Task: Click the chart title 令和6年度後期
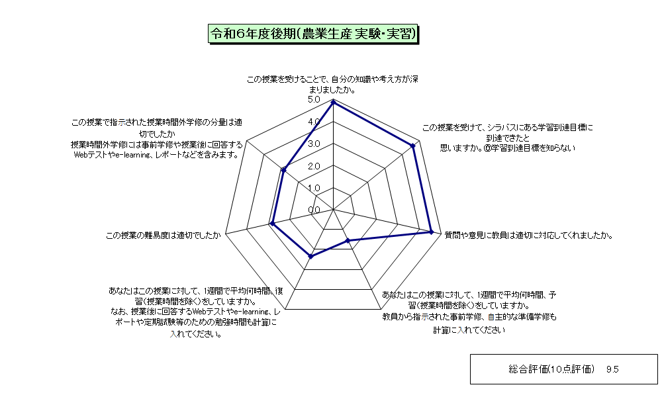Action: pos(313,34)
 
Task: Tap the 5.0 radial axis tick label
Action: pos(314,99)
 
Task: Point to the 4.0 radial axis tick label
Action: pos(314,122)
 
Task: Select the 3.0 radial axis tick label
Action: pos(314,144)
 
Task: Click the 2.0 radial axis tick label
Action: pos(314,166)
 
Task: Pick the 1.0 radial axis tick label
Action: pos(314,188)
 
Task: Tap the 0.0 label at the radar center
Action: pos(314,210)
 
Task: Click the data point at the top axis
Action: pos(334,102)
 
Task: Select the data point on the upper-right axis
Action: pos(413,146)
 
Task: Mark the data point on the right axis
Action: pos(431,232)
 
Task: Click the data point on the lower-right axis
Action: pos(348,241)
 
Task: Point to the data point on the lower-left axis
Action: pos(311,256)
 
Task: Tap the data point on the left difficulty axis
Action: pos(273,224)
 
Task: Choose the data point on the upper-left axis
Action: pos(284,170)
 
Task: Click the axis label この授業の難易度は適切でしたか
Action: pos(164,236)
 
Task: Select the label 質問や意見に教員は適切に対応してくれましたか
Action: pos(528,236)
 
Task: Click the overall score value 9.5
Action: pos(612,370)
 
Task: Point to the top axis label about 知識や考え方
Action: pos(333,85)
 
